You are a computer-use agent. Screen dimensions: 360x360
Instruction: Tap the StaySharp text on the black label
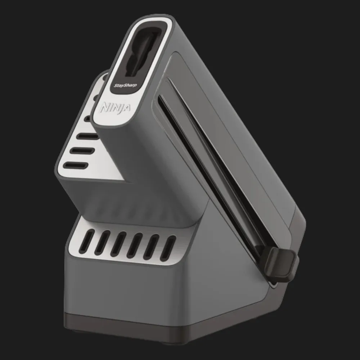(125, 86)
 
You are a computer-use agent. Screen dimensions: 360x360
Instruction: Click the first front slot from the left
(87, 242)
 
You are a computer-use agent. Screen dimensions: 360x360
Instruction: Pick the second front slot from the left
(102, 243)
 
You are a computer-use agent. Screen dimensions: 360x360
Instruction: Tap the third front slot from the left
(118, 244)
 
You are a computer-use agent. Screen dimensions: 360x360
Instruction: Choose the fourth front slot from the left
(135, 246)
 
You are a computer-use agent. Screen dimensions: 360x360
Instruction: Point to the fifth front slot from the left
(152, 247)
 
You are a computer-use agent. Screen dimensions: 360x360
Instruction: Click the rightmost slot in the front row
(168, 248)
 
